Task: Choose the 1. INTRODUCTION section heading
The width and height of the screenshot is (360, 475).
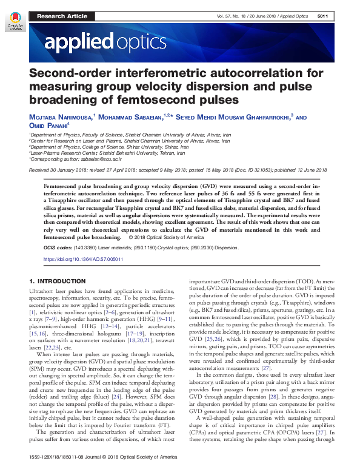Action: click(x=58, y=281)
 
